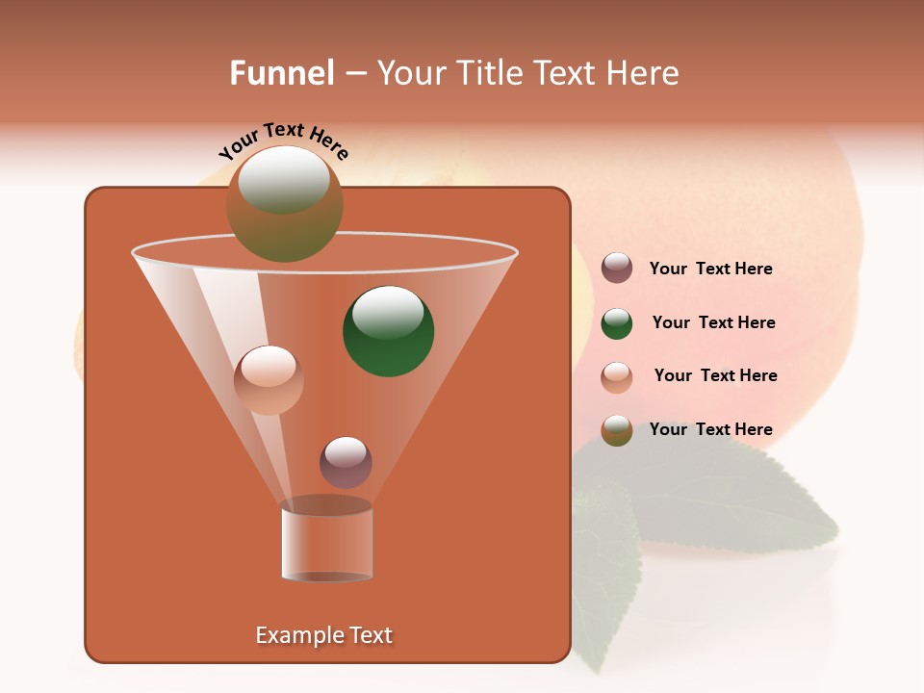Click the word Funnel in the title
pyautogui.click(x=281, y=73)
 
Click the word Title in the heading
pyautogui.click(x=488, y=73)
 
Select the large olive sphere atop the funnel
pyautogui.click(x=285, y=204)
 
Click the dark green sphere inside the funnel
pyautogui.click(x=389, y=331)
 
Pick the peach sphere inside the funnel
pyautogui.click(x=269, y=380)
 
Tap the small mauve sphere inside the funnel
pyautogui.click(x=346, y=462)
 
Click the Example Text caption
pyautogui.click(x=324, y=635)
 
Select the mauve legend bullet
pyautogui.click(x=617, y=269)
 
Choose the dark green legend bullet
pyautogui.click(x=617, y=322)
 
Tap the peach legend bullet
pyautogui.click(x=617, y=376)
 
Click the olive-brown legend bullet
pyautogui.click(x=617, y=429)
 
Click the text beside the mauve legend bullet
pyautogui.click(x=711, y=269)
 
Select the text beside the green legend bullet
pyautogui.click(x=713, y=322)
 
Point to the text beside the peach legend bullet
pyautogui.click(x=715, y=375)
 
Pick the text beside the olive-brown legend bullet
pyautogui.click(x=711, y=429)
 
